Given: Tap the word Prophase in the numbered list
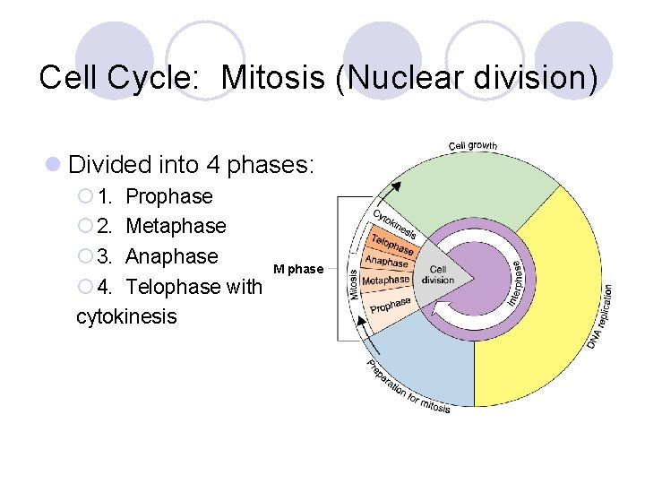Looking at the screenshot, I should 169,196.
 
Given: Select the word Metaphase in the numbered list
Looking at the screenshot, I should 176,226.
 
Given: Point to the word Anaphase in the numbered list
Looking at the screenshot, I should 172,256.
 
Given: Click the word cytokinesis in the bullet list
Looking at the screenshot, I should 127,316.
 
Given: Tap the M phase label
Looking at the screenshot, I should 298,269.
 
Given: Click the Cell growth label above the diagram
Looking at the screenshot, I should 473,145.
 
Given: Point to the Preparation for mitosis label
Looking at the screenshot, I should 408,387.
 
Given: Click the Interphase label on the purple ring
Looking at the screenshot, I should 517,283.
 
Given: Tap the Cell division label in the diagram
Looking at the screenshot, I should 439,274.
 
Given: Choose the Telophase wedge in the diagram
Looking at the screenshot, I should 392,244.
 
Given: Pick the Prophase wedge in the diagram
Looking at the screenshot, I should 391,307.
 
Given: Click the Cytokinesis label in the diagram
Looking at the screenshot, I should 395,222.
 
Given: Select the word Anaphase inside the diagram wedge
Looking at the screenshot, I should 386,261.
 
